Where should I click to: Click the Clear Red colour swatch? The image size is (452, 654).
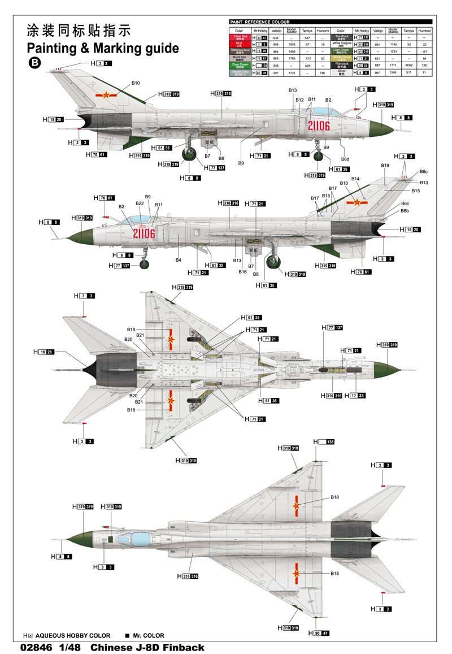[x=238, y=37]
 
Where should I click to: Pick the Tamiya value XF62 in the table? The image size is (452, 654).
[x=410, y=66]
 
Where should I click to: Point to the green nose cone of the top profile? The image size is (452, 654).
[x=381, y=128]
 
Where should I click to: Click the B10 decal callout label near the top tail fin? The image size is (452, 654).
[x=136, y=83]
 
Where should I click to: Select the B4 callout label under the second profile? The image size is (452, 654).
[x=179, y=260]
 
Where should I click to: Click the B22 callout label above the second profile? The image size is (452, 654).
[x=140, y=203]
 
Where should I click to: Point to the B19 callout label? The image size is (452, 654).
[x=385, y=165]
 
